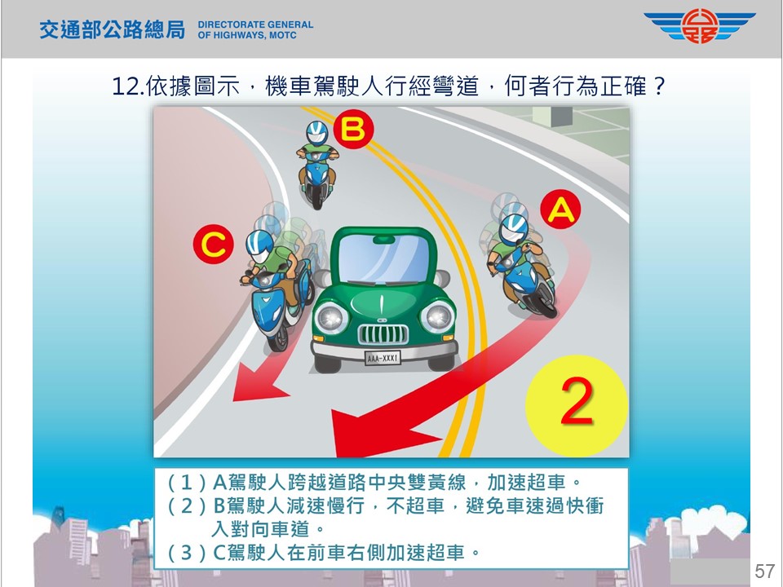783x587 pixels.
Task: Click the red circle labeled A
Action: pos(561,210)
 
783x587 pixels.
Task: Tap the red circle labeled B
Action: pos(353,130)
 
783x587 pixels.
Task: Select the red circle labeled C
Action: pos(213,244)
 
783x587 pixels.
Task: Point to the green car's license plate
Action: pos(383,358)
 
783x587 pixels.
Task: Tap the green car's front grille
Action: pos(383,334)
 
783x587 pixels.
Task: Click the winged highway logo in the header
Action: pos(699,26)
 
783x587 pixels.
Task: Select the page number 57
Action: pos(764,571)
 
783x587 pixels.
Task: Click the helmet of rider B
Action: pos(316,132)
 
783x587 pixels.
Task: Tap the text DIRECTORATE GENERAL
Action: pos(255,24)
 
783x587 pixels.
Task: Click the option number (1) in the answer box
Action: pos(187,483)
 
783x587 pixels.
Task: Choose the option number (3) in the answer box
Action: pos(187,553)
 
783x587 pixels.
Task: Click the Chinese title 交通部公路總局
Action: pos(112,30)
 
